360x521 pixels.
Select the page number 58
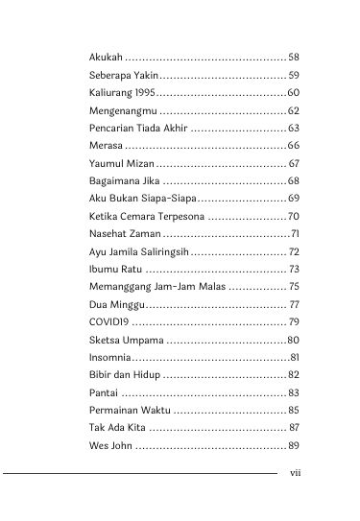pyautogui.click(x=294, y=57)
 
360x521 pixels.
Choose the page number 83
pyautogui.click(x=294, y=392)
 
